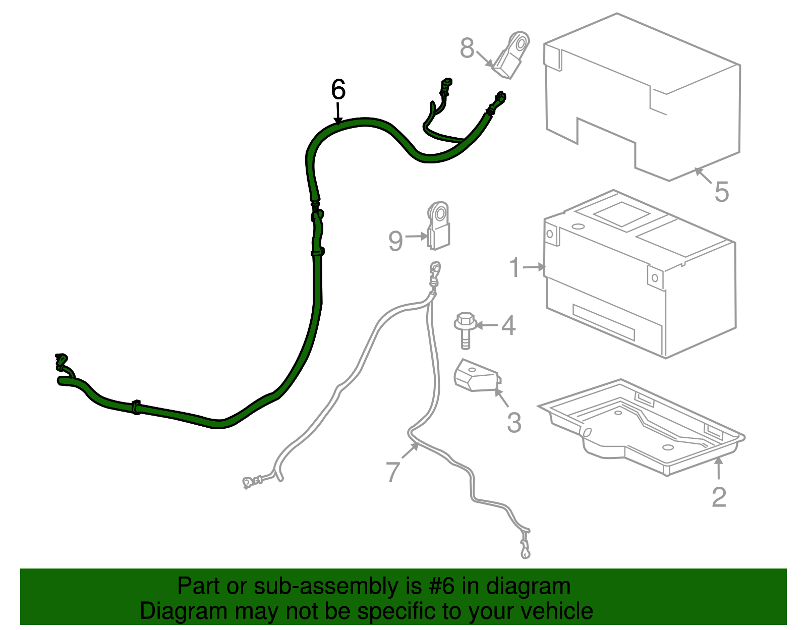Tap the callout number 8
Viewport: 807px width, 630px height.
click(x=467, y=48)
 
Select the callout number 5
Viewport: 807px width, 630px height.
click(x=722, y=192)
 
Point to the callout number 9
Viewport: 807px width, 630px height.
click(x=395, y=241)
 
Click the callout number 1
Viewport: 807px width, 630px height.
click(x=515, y=267)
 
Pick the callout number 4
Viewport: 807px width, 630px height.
click(x=508, y=325)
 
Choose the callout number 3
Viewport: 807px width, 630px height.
click(x=514, y=423)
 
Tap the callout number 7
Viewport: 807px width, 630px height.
click(x=393, y=472)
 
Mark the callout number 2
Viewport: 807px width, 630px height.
click(x=719, y=497)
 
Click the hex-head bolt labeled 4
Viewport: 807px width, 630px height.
click(x=465, y=330)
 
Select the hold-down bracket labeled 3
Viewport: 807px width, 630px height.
click(x=477, y=376)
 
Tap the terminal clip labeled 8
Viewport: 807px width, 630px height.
click(x=512, y=55)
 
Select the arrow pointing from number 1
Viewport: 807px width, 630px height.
click(x=534, y=266)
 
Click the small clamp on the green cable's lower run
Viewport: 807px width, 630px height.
click(x=136, y=407)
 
